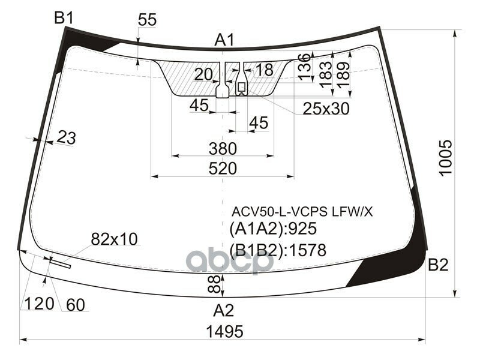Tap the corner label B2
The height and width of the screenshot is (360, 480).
tap(437, 265)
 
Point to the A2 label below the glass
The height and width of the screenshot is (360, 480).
tap(224, 310)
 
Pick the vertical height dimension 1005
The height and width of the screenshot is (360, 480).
tap(445, 158)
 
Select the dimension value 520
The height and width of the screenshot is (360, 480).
tap(223, 169)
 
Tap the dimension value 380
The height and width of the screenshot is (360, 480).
tap(223, 148)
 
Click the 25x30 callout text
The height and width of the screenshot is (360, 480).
tap(326, 109)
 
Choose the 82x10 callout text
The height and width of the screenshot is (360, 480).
tap(114, 239)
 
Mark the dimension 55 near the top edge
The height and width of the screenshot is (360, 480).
tap(147, 20)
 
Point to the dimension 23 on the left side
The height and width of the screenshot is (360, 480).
tap(67, 138)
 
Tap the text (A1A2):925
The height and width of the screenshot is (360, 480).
tap(272, 229)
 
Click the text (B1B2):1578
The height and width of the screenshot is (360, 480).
tap(278, 250)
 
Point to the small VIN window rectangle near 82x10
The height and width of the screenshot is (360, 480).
tap(60, 262)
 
